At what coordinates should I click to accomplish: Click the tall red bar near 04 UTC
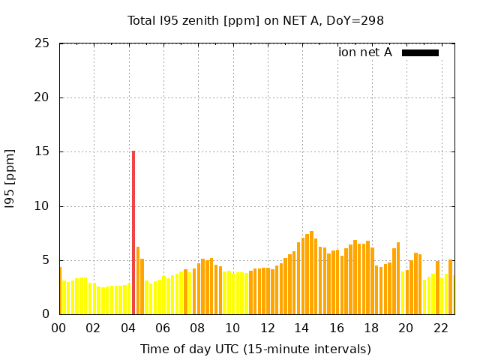tap(133, 232)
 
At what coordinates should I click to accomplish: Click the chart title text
tap(256, 21)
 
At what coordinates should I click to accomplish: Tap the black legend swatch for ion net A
tap(420, 52)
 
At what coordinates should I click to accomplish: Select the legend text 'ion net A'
tap(365, 52)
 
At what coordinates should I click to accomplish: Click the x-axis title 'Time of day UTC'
tap(256, 349)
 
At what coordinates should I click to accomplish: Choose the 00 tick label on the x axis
tap(59, 328)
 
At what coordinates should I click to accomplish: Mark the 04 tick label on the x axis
tap(128, 328)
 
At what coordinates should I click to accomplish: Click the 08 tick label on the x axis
tap(198, 328)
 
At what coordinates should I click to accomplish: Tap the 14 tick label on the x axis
tap(301, 328)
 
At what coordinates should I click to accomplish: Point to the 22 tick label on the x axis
tap(440, 328)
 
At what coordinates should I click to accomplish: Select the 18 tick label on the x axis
tap(371, 328)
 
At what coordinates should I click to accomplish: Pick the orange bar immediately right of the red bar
tap(138, 281)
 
